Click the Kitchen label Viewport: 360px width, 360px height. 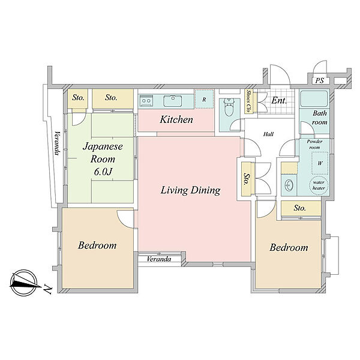tap(176, 119)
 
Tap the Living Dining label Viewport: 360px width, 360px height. tap(190, 190)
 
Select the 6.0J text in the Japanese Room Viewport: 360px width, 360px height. tap(103, 172)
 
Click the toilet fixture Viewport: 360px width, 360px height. tap(229, 107)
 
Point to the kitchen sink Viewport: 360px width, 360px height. tap(173, 101)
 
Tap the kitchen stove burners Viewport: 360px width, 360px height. tap(146, 101)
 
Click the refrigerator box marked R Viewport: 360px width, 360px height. tap(204, 100)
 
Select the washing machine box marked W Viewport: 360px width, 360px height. tap(320, 163)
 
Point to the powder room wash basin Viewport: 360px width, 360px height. tap(289, 185)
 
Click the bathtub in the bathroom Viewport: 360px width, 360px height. tap(314, 99)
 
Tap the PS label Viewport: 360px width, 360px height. tap(319, 80)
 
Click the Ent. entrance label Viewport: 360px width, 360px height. tap(279, 101)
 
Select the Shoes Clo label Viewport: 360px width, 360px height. tap(248, 101)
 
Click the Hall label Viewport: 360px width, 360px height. tap(268, 134)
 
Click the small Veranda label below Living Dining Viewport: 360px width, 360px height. tap(159, 259)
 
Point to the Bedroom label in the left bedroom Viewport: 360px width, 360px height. tap(97, 245)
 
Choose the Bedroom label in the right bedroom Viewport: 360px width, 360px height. tap(289, 247)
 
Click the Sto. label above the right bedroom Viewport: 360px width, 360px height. tap(299, 208)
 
